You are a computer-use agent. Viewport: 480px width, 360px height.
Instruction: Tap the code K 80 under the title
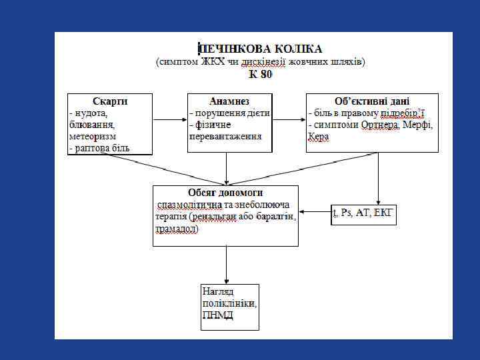click(261, 75)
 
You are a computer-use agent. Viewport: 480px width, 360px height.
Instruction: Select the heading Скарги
click(110, 101)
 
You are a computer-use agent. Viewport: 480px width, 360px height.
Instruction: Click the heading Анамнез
click(229, 101)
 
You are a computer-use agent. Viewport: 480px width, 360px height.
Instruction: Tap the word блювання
click(92, 124)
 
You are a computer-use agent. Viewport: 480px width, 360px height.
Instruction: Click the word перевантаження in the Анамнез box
click(226, 135)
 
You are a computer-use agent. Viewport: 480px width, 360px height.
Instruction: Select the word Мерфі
click(418, 125)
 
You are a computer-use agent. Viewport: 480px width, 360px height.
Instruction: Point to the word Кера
click(318, 136)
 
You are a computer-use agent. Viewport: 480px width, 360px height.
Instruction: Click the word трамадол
click(176, 229)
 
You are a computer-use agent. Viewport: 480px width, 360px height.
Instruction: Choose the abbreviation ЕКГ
click(385, 213)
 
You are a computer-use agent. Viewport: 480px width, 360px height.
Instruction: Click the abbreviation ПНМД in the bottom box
click(218, 315)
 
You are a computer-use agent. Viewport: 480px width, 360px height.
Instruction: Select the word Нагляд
click(219, 293)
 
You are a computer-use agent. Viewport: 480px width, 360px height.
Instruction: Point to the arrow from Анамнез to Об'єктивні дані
click(289, 121)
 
